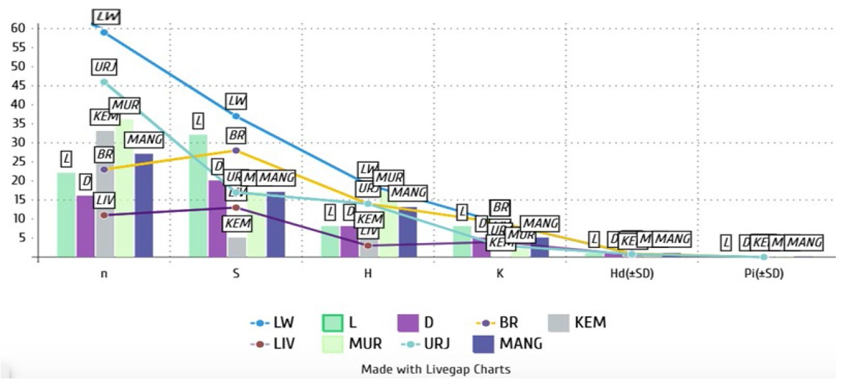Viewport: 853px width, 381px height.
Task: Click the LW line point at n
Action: tap(104, 32)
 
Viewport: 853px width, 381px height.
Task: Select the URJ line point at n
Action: tap(104, 82)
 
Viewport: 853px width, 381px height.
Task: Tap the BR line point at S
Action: tap(236, 151)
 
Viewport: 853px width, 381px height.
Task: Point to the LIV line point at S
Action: tap(236, 207)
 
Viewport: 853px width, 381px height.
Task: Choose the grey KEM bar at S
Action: tap(236, 247)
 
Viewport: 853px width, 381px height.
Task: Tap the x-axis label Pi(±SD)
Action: tap(763, 275)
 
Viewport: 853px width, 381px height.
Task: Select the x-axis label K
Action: tap(500, 275)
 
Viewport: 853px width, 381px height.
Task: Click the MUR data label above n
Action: tap(124, 106)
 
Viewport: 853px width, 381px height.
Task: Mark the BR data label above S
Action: tap(236, 135)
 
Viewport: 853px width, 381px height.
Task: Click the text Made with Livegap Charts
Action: tap(435, 369)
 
